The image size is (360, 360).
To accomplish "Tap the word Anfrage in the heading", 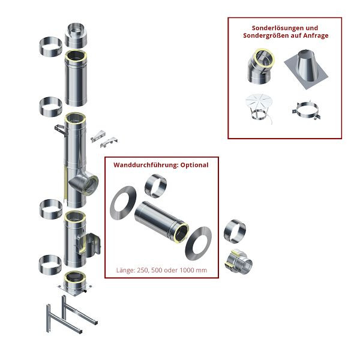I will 313,35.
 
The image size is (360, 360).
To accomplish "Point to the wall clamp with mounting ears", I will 308,112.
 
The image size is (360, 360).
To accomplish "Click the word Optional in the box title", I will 193,164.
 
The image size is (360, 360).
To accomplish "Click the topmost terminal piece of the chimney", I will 76,35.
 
